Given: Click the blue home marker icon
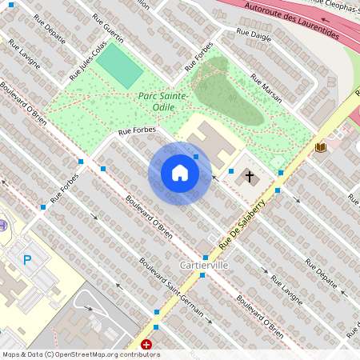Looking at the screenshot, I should click(x=180, y=173).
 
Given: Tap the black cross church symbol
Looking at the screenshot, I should click(x=250, y=176).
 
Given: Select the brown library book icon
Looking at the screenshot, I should click(x=321, y=148).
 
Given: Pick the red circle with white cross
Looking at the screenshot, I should click(x=146, y=345).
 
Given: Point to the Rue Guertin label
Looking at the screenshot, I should click(x=108, y=28).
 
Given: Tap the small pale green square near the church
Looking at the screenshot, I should click(x=278, y=162).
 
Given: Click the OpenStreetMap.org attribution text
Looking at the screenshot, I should click(x=107, y=354).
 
